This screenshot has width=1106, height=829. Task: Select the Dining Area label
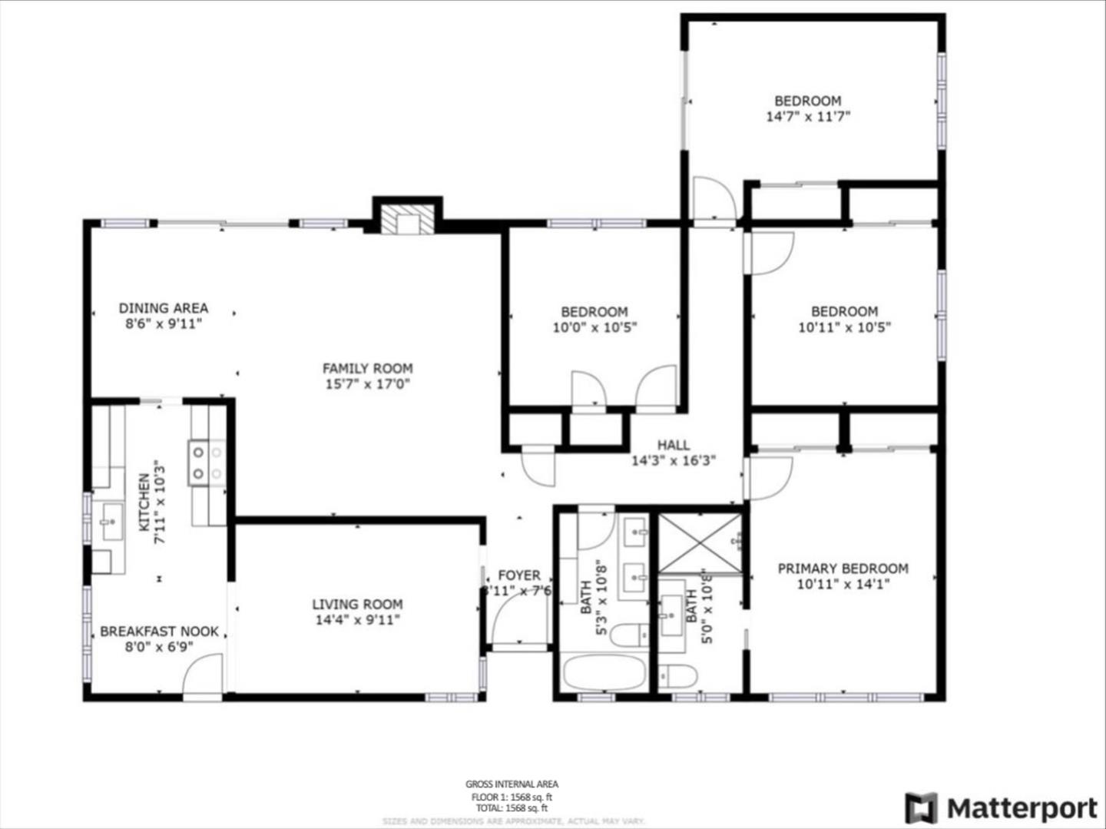click(x=163, y=308)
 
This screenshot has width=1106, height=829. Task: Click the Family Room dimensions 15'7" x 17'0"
click(x=367, y=384)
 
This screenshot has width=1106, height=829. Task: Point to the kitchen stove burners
click(x=207, y=463)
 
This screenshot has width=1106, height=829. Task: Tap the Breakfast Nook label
click(x=159, y=632)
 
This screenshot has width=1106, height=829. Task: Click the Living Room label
click(x=357, y=605)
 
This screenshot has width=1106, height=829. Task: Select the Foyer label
click(x=519, y=575)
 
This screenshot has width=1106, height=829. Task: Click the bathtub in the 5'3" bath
click(x=604, y=673)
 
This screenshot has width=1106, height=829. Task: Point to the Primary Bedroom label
click(x=843, y=569)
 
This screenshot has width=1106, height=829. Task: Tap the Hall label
click(x=674, y=445)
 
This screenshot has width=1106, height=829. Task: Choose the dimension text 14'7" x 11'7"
click(x=808, y=118)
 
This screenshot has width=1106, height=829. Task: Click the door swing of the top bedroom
click(x=713, y=198)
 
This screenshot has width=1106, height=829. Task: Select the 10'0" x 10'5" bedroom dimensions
click(x=594, y=327)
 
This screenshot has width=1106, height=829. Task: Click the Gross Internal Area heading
click(x=512, y=784)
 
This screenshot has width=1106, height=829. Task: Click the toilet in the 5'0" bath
click(x=678, y=676)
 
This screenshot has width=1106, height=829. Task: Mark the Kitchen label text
click(x=144, y=503)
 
